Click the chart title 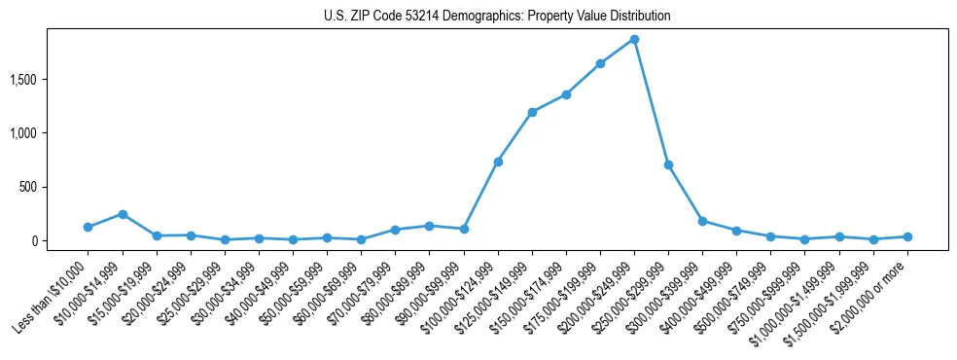(497, 17)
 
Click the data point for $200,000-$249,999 (634, 40)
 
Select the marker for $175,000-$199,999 (600, 64)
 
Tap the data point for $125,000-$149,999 (532, 112)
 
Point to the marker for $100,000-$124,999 (498, 162)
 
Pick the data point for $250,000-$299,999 (668, 164)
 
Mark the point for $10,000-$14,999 (123, 214)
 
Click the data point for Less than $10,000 (89, 227)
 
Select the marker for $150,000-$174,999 (566, 94)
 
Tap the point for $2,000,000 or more (907, 236)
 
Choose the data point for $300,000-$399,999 (702, 221)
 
